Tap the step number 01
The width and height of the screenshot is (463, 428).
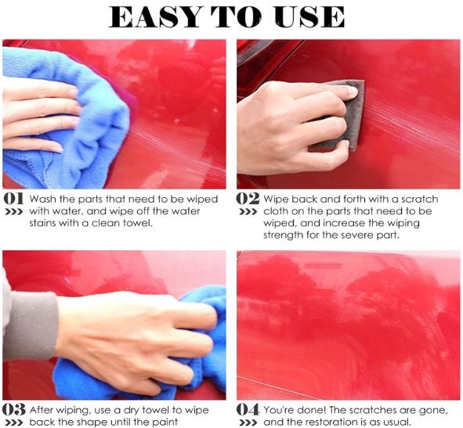click(x=13, y=199)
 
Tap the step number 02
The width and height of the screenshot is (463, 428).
click(x=248, y=199)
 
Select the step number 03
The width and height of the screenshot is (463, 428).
click(x=13, y=409)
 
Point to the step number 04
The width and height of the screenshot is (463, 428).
click(x=248, y=409)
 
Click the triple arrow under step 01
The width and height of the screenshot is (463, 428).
click(x=13, y=212)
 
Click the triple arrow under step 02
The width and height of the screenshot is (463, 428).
click(x=248, y=212)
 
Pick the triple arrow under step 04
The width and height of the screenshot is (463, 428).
click(x=248, y=423)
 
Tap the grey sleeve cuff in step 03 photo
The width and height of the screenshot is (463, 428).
click(x=31, y=326)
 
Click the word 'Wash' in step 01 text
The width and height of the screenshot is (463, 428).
click(x=43, y=200)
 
